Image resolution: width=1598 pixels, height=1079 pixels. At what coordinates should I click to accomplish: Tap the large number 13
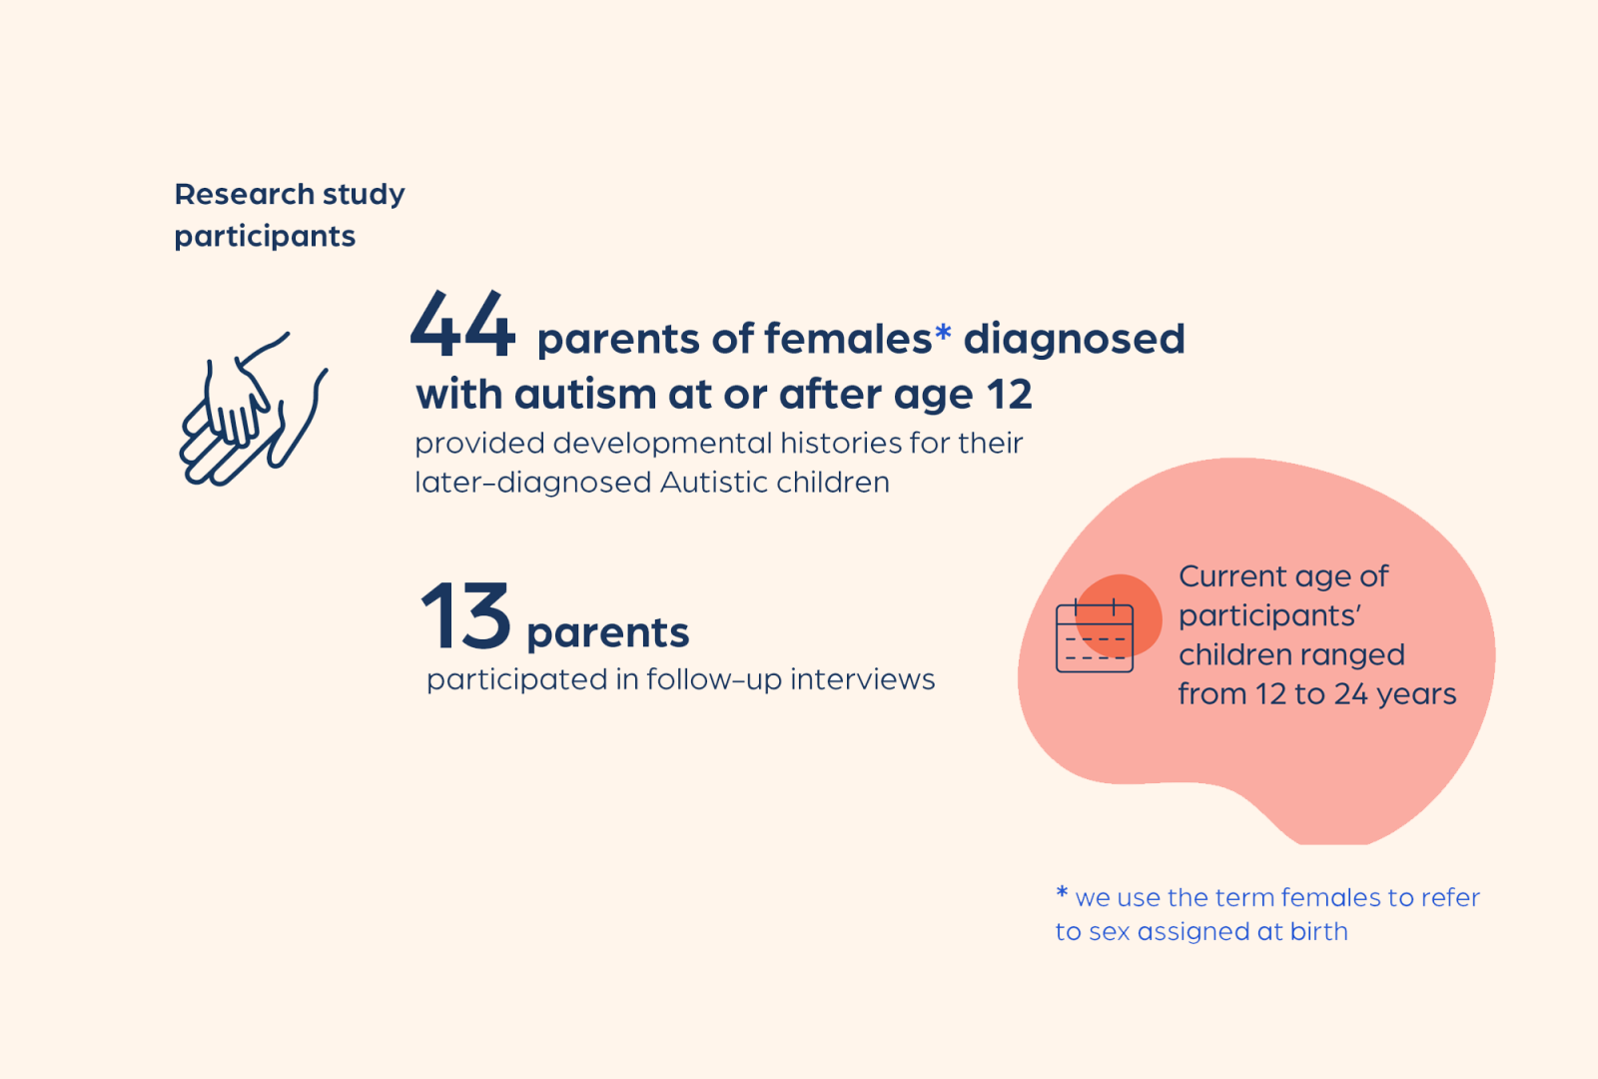[465, 614]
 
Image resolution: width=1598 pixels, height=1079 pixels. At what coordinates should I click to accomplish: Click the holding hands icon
[254, 409]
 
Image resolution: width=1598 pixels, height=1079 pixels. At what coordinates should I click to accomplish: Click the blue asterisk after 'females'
[943, 332]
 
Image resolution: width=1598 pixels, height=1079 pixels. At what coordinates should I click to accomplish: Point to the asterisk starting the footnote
[1063, 892]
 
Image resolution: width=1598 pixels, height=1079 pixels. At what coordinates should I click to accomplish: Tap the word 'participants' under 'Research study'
[265, 237]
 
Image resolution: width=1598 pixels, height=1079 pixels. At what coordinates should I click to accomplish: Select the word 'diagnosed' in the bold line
[1075, 339]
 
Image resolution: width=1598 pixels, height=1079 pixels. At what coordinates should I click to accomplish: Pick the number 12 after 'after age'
[1010, 395]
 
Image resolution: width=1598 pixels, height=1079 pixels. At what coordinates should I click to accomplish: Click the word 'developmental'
[663, 444]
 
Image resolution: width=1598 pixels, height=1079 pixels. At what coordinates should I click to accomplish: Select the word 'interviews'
[863, 679]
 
